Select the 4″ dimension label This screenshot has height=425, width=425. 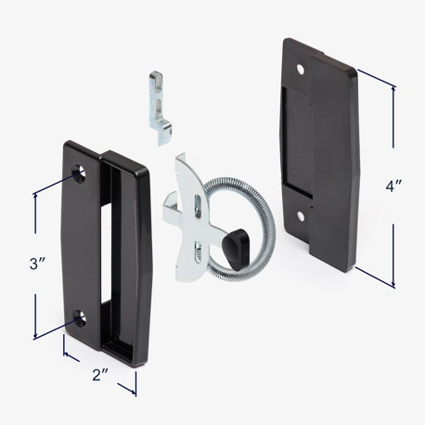point(393,185)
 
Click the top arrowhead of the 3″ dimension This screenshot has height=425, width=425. point(35,189)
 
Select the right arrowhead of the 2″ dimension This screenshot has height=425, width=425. point(135,391)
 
